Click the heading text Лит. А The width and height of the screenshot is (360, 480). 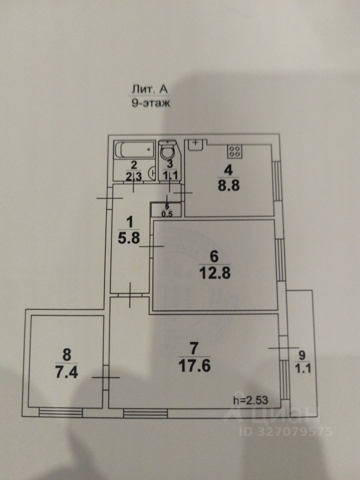149,89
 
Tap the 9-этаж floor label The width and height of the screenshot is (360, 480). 149,104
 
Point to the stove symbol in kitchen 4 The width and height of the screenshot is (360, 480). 234,149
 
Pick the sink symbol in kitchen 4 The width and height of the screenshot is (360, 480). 195,144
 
